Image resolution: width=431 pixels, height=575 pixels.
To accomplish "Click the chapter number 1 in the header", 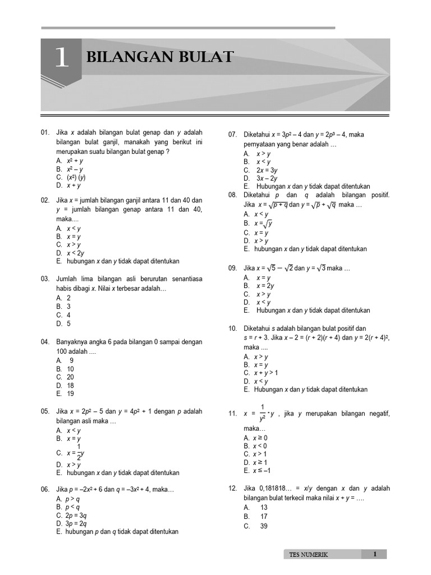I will pos(61,59).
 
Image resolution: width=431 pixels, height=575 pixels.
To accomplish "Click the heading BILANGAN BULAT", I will pos(159,57).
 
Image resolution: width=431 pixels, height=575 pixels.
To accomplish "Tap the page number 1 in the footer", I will pos(375,554).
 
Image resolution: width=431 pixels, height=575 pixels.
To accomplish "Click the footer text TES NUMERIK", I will pos(308,555).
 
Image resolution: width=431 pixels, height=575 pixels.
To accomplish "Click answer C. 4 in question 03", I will pos(63,315).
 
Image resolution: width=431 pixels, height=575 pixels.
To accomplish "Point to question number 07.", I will pos(233,135).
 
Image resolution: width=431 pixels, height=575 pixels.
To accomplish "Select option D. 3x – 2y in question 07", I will pos(260,179).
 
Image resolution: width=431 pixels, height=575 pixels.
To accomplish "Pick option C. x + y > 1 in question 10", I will pos(261,373).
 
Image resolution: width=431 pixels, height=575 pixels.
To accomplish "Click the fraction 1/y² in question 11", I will pos(262,413).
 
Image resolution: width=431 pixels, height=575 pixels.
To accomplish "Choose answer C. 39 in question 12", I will pos(255,526).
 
